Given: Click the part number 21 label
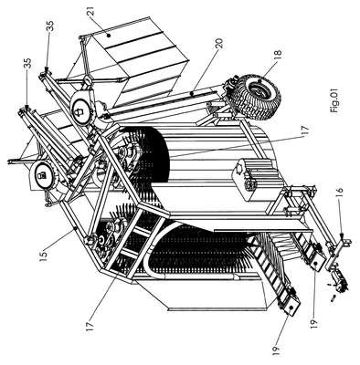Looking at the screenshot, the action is (92, 10).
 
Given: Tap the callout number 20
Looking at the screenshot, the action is (219, 43).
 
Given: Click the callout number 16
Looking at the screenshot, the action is (340, 193).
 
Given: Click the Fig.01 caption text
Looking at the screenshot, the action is (334, 101).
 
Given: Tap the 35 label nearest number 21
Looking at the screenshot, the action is (50, 26).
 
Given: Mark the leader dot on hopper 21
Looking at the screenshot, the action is (109, 36).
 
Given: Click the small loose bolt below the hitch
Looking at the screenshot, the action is (333, 297).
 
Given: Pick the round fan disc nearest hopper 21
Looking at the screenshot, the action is (79, 111).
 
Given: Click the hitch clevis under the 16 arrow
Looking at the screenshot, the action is (344, 243).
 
